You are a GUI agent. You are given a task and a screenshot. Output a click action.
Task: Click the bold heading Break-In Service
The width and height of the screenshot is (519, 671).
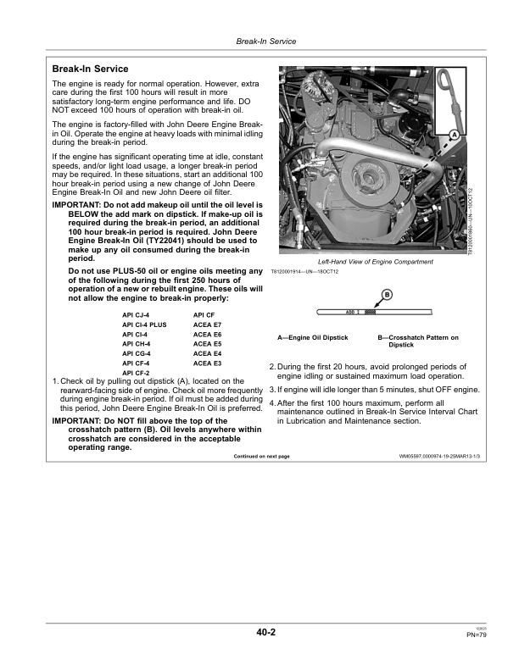tap(91, 69)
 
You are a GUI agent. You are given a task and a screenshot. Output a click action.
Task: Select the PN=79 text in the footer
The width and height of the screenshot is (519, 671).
tap(476, 635)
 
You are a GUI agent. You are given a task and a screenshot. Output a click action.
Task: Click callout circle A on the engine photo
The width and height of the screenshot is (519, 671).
tap(454, 136)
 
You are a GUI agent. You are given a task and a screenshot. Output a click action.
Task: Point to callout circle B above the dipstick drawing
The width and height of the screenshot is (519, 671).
tap(387, 294)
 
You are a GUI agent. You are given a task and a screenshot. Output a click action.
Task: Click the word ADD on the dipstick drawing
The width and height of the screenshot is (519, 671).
tap(351, 312)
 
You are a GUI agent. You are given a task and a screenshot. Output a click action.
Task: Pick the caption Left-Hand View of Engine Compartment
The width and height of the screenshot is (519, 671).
tap(375, 262)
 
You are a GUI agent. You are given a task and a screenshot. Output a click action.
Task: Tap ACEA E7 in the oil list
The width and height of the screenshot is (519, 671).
tap(207, 324)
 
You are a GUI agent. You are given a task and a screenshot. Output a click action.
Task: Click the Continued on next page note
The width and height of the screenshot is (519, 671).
tap(261, 457)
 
